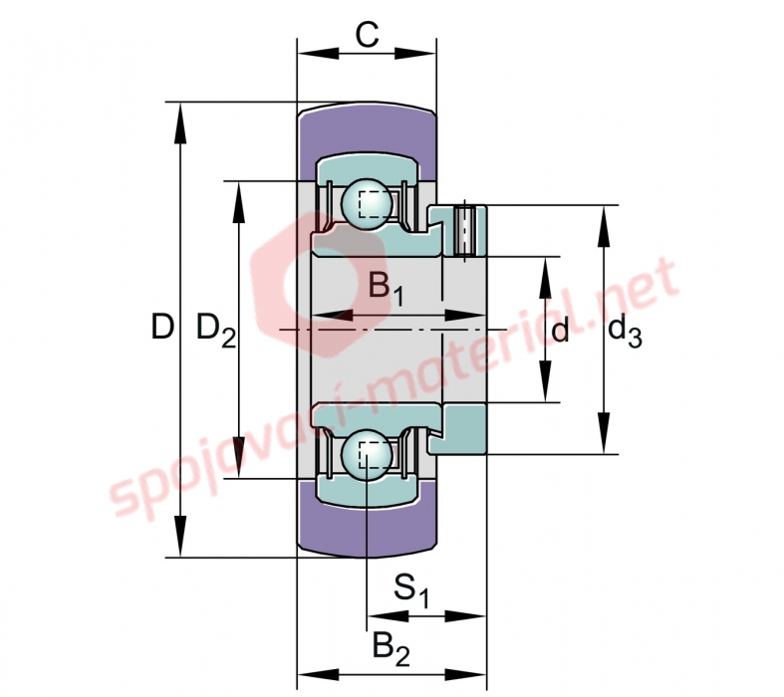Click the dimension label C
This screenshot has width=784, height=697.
[367, 36]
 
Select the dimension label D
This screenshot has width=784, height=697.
[162, 327]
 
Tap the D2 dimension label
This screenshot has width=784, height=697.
[216, 331]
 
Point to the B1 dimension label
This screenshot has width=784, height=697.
[386, 290]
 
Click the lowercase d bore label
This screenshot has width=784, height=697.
[560, 331]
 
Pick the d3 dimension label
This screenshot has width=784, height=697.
[625, 332]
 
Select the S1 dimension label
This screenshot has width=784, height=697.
[411, 591]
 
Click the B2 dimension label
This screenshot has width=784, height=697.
[391, 649]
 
